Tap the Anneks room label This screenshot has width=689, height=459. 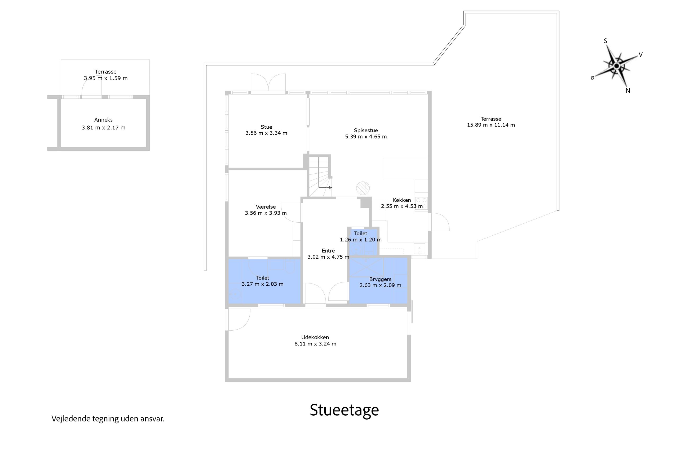pos(103,120)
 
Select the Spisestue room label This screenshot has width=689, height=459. pos(366,130)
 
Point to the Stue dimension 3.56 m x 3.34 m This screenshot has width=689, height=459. pos(266,133)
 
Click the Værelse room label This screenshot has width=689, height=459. pos(266,207)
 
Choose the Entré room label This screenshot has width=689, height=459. pos(328,251)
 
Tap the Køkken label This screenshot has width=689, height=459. pos(402,200)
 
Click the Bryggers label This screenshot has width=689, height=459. pos(380,279)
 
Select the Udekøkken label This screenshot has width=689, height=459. pos(315,337)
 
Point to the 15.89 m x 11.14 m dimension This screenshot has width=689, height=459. pos(491,125)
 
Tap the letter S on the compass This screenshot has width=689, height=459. pos(606,41)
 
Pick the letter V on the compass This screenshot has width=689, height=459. pos(641,55)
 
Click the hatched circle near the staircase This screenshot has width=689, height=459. pos(363,188)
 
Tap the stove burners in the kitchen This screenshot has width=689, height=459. pos(421,203)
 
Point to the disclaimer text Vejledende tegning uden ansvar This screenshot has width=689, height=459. pos(108,419)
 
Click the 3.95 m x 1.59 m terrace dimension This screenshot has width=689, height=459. pos(105,78)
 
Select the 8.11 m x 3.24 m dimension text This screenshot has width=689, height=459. pos(315,344)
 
